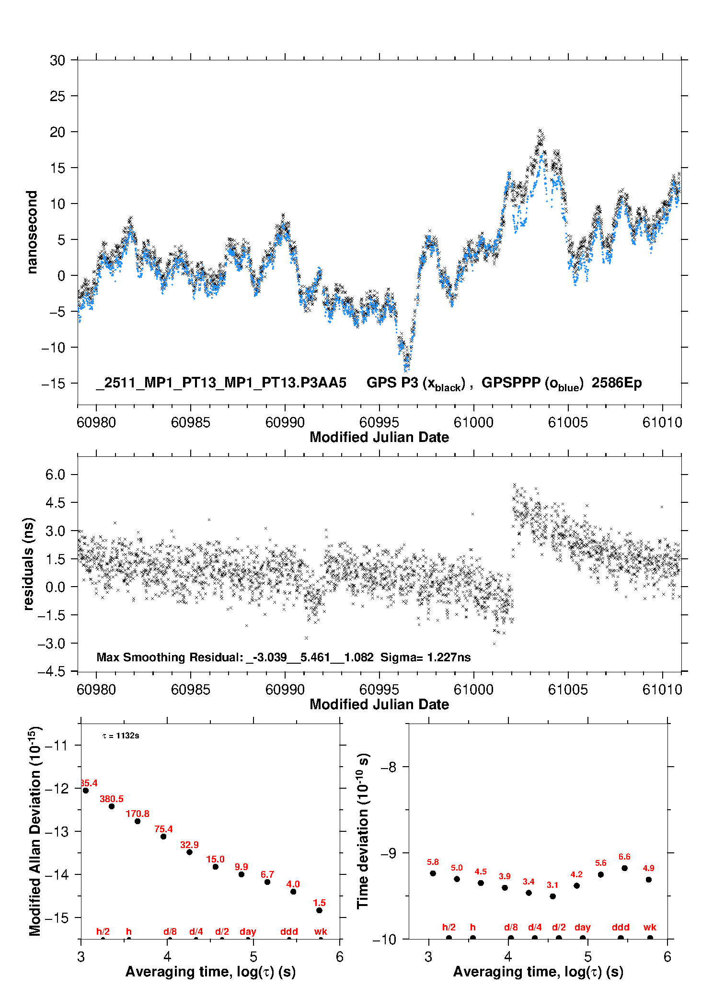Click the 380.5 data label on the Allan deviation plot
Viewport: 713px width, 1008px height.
pos(111,799)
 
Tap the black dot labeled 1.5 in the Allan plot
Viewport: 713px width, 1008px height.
pos(319,910)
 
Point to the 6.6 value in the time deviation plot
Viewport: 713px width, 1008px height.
pos(624,857)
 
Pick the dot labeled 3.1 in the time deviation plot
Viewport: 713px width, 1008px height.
pos(553,896)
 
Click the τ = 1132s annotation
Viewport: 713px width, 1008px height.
pos(121,736)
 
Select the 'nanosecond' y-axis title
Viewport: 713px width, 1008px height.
pos(32,232)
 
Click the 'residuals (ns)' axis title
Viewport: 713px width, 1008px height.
pos(29,564)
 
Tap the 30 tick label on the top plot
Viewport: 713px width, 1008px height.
pos(57,60)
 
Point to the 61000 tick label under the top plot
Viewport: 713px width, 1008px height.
pos(473,422)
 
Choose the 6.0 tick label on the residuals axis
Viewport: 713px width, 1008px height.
pos(55,475)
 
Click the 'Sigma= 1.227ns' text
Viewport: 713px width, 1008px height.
pos(425,657)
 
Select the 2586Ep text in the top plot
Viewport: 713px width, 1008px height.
pos(617,383)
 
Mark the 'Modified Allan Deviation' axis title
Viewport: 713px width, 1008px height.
pos(35,831)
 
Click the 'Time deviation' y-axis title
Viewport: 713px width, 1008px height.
pos(363,831)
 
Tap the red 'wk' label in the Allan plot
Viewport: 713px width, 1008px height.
pos(321,931)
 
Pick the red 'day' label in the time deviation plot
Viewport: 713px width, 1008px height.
pos(582,927)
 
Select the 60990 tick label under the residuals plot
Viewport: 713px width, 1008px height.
pos(285,690)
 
